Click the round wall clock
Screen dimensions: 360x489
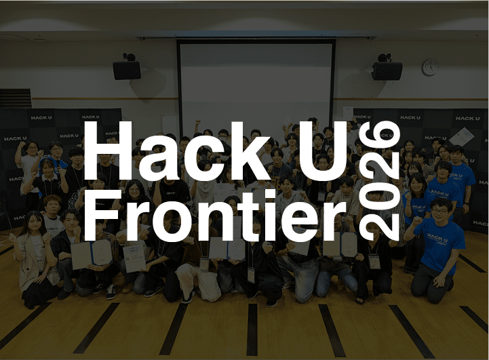pyautogui.click(x=430, y=66)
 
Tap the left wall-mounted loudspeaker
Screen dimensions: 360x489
pyautogui.click(x=127, y=69)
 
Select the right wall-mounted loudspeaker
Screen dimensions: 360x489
pyautogui.click(x=387, y=70)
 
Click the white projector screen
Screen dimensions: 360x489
pyautogui.click(x=256, y=81)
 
